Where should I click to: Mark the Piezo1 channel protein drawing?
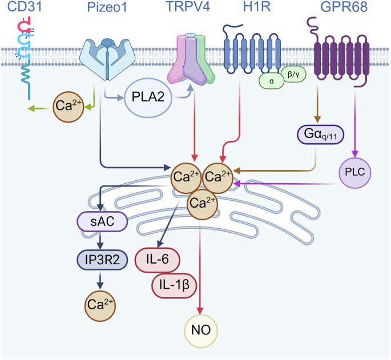[x=108, y=57]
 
